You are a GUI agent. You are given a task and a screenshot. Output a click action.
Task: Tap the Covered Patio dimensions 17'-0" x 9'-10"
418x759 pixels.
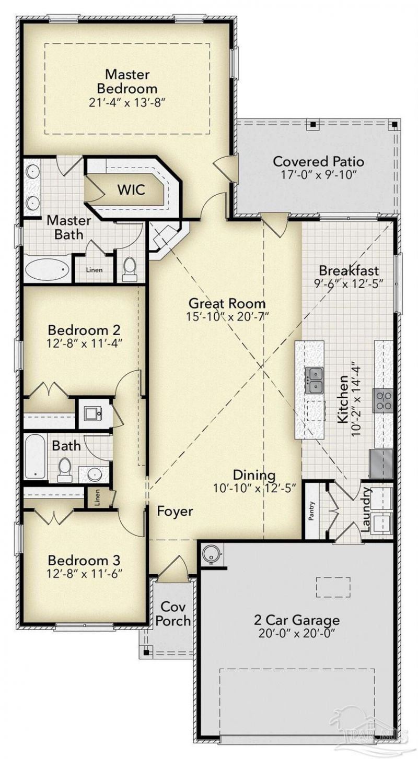(x=318, y=174)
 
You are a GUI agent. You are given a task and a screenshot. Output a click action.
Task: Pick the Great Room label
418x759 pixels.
(x=227, y=303)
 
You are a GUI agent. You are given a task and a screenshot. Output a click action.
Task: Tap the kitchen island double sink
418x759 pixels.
(x=314, y=379)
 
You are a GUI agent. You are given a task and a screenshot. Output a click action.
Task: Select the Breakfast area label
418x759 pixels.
(x=349, y=271)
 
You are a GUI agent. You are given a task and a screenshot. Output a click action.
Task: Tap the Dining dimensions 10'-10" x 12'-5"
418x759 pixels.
(x=254, y=489)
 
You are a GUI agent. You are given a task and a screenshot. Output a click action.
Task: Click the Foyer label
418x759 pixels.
(x=175, y=512)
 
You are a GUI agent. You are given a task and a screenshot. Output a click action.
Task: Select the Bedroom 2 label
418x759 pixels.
(x=84, y=330)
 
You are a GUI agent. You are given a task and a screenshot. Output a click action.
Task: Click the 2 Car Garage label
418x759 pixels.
(x=297, y=620)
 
